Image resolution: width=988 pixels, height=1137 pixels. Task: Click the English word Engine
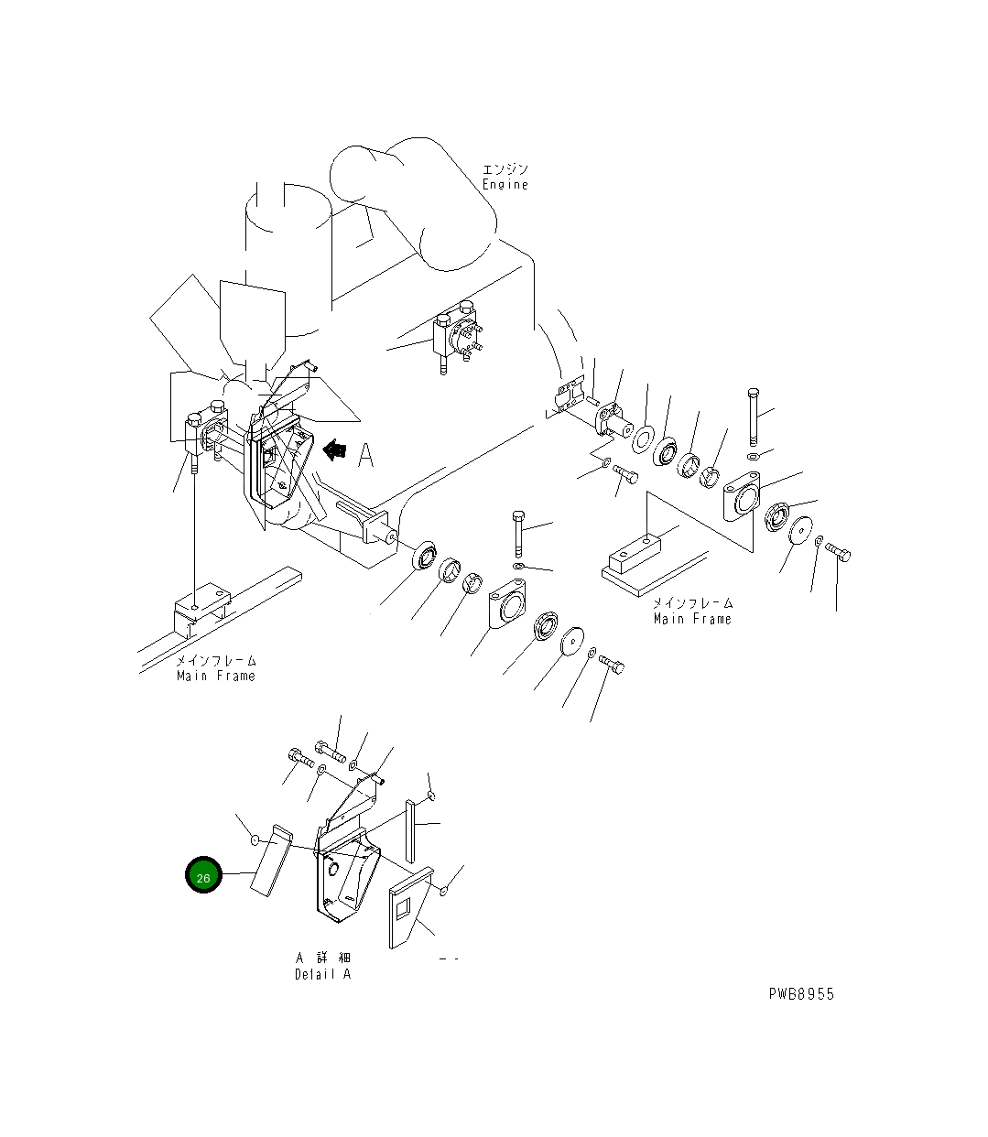click(505, 185)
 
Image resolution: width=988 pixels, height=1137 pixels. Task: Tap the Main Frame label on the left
click(216, 676)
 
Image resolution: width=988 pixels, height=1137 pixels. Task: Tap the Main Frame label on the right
click(692, 619)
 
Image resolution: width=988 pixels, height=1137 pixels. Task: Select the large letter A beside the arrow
click(366, 454)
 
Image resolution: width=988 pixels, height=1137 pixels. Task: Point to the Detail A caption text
click(322, 974)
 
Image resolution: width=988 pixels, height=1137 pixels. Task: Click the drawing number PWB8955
click(801, 994)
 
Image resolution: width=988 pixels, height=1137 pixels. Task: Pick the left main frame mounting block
click(200, 605)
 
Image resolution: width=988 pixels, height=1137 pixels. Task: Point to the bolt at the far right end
click(838, 551)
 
